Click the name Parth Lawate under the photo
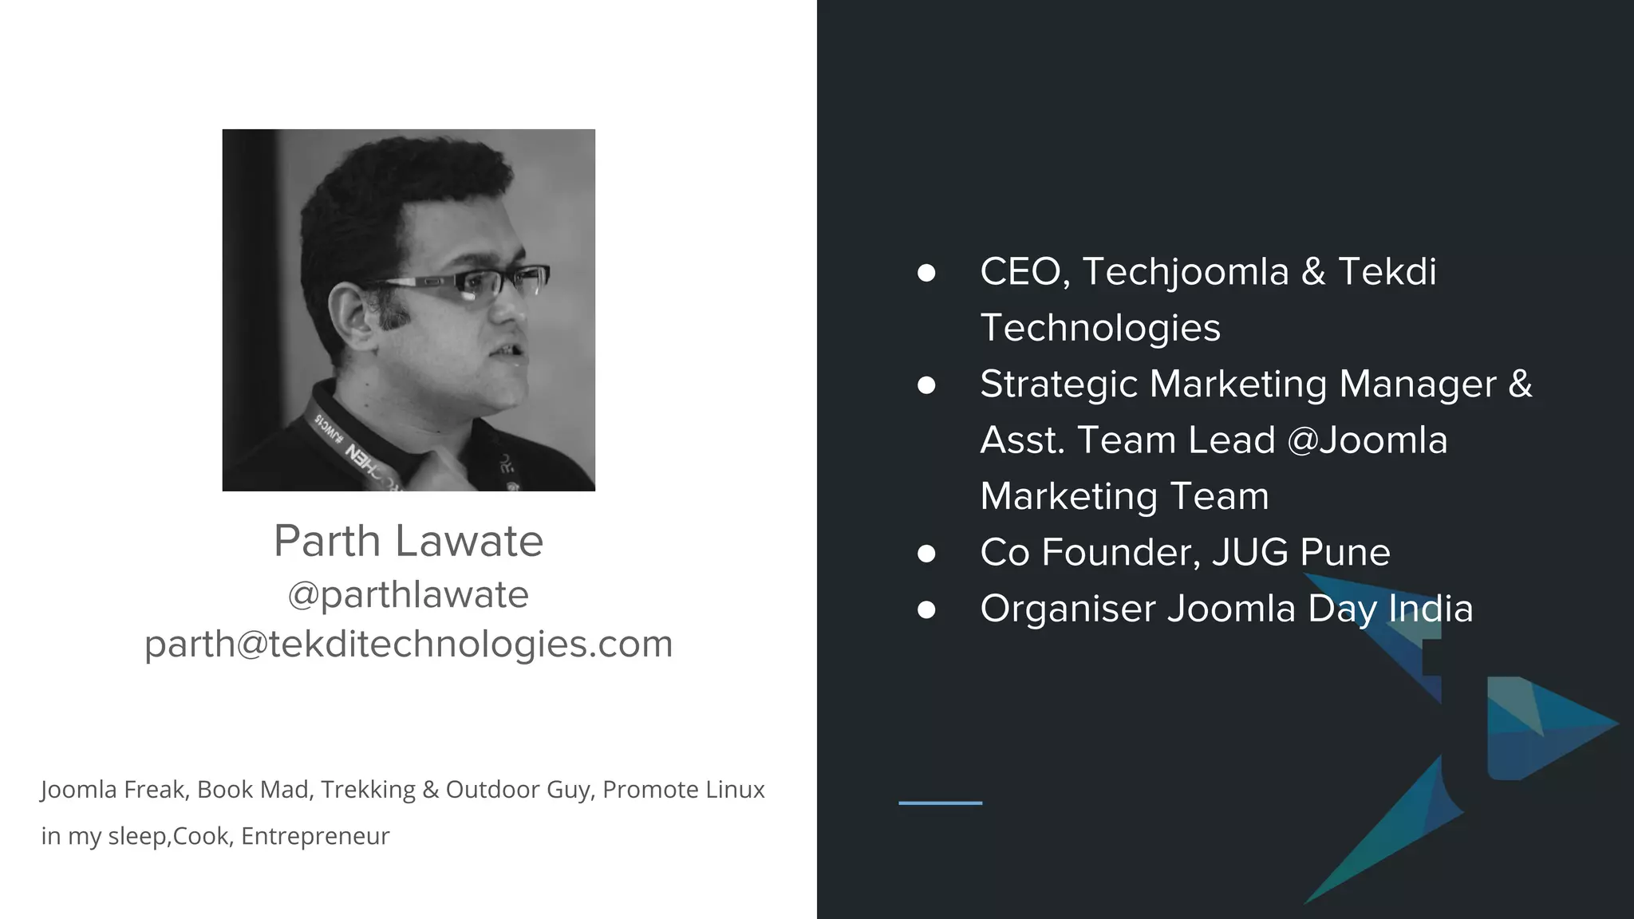pyautogui.click(x=408, y=541)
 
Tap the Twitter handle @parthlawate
pyautogui.click(x=408, y=595)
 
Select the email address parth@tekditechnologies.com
pyautogui.click(x=408, y=644)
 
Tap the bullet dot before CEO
pyautogui.click(x=926, y=273)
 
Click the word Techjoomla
pyautogui.click(x=1186, y=272)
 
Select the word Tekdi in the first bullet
pyautogui.click(x=1387, y=272)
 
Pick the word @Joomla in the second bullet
pyautogui.click(x=1368, y=440)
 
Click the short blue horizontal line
pyautogui.click(x=940, y=803)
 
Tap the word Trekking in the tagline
pyautogui.click(x=368, y=790)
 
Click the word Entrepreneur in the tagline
pyautogui.click(x=315, y=836)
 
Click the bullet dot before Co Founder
pyautogui.click(x=926, y=554)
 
